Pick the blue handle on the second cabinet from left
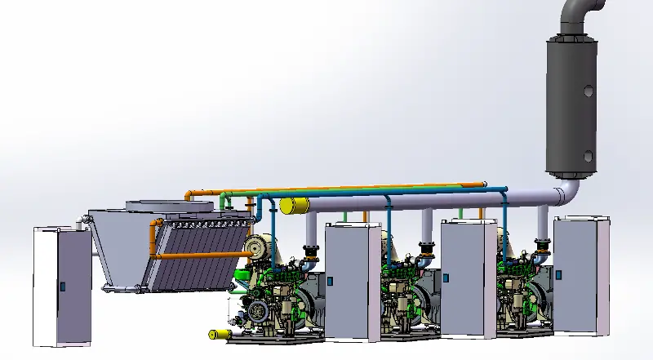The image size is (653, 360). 331,281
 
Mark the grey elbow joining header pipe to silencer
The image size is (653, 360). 566,195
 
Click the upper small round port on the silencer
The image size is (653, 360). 589,90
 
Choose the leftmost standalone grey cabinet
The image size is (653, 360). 61,286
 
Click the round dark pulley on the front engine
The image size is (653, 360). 258,311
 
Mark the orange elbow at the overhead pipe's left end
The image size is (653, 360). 189,196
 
